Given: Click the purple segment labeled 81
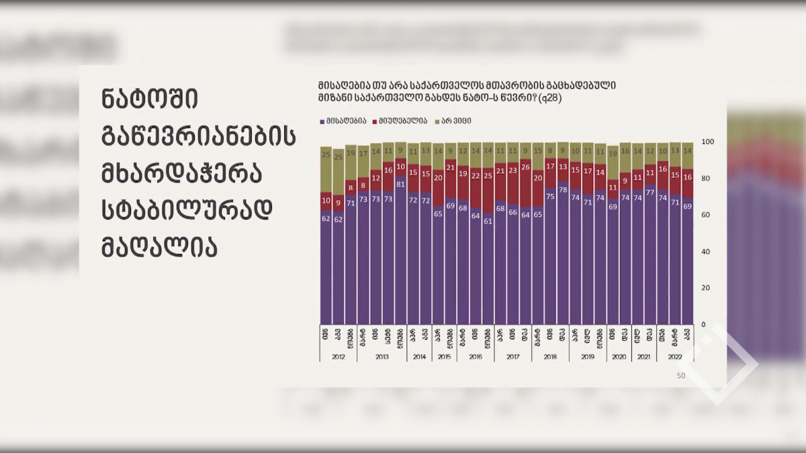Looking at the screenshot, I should [x=400, y=255].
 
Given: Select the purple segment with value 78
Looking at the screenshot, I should [x=563, y=255].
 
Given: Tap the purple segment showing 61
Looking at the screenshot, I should [x=488, y=268].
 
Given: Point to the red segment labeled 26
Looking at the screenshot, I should [x=525, y=185].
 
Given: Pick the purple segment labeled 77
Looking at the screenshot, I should [x=650, y=255].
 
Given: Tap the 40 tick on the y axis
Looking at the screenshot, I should [x=705, y=252].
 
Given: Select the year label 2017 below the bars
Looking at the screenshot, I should [x=512, y=357].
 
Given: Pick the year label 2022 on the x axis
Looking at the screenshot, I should [x=675, y=357].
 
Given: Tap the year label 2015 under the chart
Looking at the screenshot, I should [x=444, y=357].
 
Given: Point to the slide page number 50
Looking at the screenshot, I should [x=680, y=376].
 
